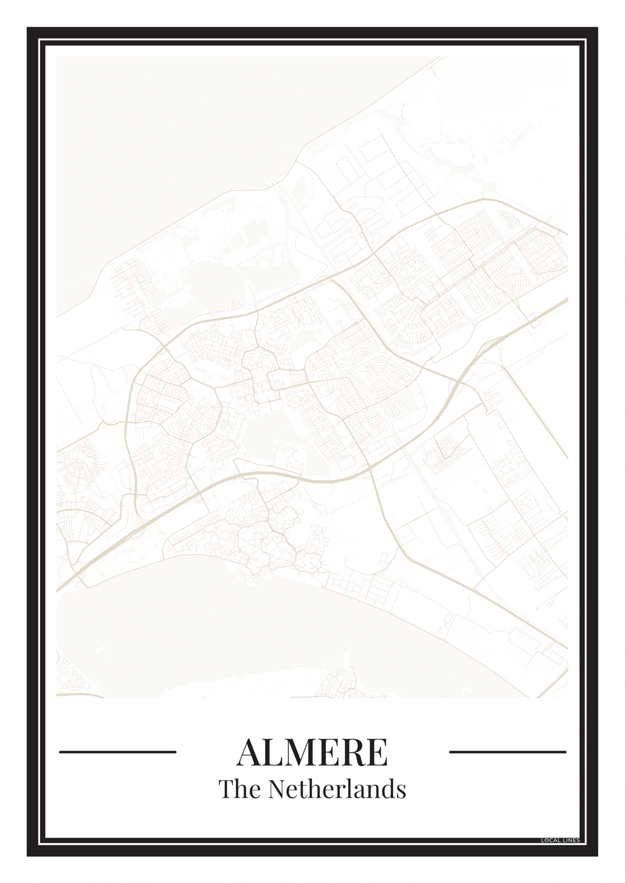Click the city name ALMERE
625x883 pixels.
pos(312,752)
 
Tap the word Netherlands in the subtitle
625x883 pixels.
pos(337,789)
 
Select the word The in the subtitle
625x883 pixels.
pos(240,789)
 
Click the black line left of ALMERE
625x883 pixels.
pos(118,752)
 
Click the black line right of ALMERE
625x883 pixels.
pos(507,752)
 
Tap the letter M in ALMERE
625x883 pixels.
pos(302,752)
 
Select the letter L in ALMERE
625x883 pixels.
pos(273,752)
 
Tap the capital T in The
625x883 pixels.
pos(226,789)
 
